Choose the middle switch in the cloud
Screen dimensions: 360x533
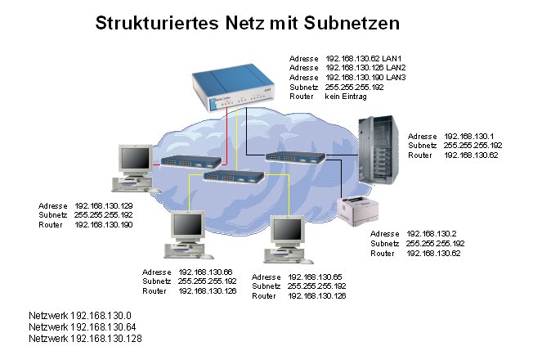pyautogui.click(x=231, y=175)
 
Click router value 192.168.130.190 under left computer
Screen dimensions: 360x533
pyautogui.click(x=103, y=223)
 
